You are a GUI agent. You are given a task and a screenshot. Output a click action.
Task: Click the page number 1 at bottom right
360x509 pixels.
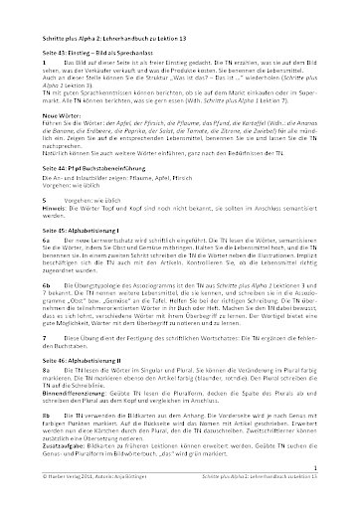point(341,493)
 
